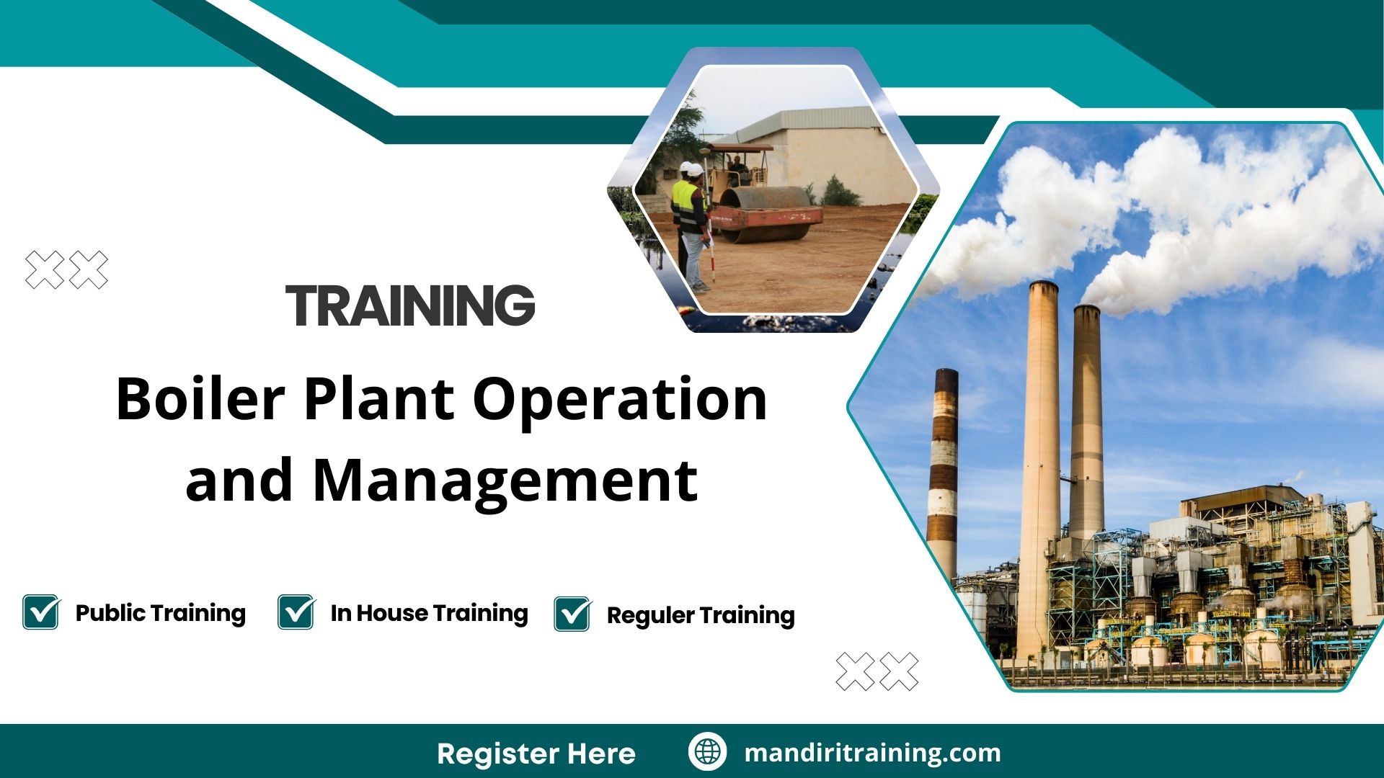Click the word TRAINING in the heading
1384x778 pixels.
point(410,305)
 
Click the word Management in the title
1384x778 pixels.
point(505,481)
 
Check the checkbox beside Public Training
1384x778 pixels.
point(41,613)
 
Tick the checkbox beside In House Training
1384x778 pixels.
point(296,613)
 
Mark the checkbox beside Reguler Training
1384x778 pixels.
point(573,614)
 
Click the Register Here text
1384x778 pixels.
point(536,754)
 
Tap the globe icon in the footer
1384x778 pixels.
point(707,752)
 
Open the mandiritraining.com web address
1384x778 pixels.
point(872,753)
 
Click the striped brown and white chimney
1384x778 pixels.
point(943,468)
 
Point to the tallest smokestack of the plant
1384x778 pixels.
point(1040,432)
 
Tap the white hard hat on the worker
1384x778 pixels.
point(693,170)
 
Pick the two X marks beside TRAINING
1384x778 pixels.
point(66,270)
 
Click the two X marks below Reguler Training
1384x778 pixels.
point(877,671)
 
